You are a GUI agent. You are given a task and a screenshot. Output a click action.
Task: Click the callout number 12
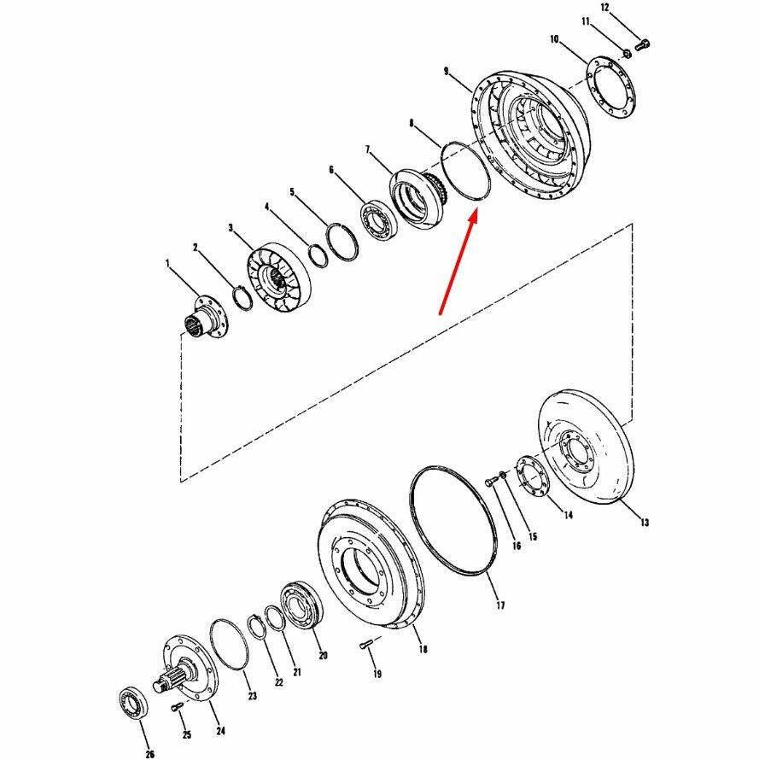tap(604, 8)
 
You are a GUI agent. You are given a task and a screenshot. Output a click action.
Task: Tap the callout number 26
tap(149, 754)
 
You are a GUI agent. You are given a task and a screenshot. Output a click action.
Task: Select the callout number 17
tap(500, 605)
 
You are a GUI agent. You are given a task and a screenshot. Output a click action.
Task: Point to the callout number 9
tap(446, 72)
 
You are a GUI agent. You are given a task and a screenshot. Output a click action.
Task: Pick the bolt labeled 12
tap(643, 45)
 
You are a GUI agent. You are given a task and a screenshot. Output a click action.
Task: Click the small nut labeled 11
tap(626, 52)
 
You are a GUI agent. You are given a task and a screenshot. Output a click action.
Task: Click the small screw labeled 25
tap(177, 708)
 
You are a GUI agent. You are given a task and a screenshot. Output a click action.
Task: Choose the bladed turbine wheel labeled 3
tap(277, 279)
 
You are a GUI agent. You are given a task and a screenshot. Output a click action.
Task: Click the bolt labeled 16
tap(491, 481)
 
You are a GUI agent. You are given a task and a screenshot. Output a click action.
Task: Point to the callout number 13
tap(644, 522)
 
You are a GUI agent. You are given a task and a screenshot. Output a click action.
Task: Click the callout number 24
tap(220, 731)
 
